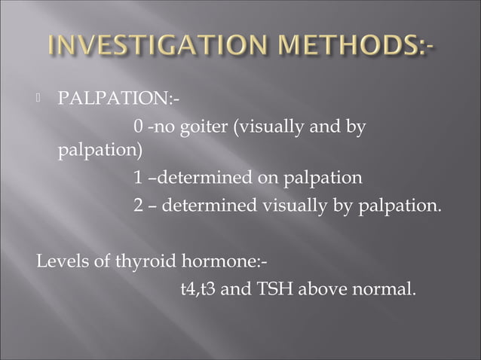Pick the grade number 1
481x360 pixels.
(x=138, y=178)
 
